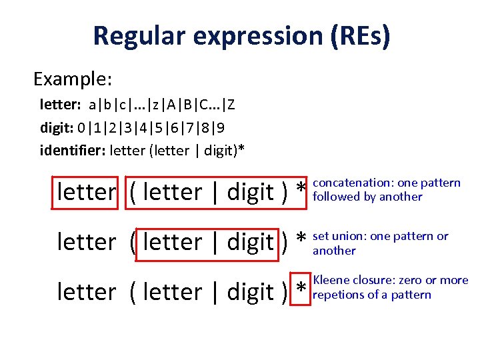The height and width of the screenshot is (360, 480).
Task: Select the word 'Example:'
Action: (x=73, y=79)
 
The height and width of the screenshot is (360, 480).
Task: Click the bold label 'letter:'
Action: (x=61, y=105)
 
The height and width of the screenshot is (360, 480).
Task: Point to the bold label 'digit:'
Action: (x=56, y=127)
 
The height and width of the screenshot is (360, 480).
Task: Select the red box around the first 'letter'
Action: (x=85, y=192)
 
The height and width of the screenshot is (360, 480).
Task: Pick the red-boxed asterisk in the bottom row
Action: (x=301, y=291)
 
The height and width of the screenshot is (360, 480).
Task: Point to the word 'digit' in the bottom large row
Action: (x=250, y=292)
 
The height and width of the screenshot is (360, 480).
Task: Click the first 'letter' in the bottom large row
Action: (x=86, y=292)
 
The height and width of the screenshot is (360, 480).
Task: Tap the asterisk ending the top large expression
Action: (x=301, y=191)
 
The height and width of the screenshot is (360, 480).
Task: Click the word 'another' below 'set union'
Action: (x=334, y=251)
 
